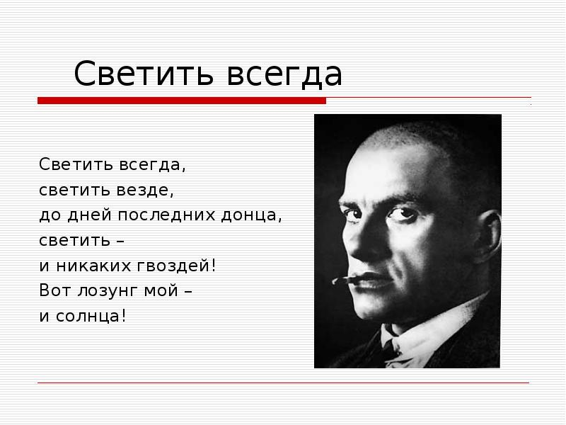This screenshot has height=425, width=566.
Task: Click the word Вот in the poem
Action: point(52,290)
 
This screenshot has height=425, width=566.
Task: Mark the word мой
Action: point(164,290)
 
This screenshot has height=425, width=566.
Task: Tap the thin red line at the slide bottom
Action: point(283,383)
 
